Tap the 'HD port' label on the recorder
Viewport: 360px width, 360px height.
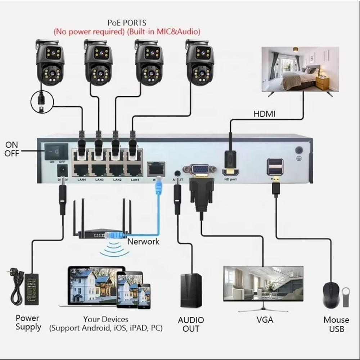pos(230,179)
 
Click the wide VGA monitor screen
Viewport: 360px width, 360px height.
pos(263,283)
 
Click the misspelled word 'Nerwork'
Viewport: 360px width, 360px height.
pos(143,241)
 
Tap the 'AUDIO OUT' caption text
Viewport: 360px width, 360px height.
pos(191,324)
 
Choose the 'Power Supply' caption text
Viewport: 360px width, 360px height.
pos(28,323)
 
